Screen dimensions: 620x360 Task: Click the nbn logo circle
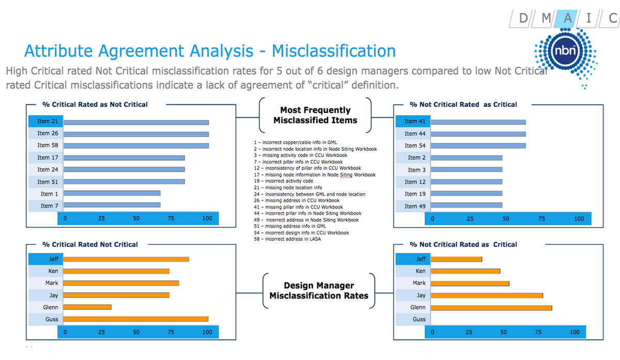565,51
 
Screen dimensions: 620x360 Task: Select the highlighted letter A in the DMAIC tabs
567,19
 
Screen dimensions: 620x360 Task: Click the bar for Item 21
136,122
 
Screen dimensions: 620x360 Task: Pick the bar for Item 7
112,205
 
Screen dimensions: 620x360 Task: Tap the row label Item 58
48,145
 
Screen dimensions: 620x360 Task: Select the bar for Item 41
478,122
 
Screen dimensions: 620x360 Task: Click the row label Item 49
415,206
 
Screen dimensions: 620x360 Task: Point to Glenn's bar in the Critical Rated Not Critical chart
87,307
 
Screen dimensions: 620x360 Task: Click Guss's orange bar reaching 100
135,319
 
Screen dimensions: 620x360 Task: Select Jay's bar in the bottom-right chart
487,295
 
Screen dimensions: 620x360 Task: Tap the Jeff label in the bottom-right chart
421,259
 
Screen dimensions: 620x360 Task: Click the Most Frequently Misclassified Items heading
315,115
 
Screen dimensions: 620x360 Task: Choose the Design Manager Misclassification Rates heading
319,291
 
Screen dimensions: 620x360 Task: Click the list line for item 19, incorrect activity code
284,181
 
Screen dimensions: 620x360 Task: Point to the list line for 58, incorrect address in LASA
287,239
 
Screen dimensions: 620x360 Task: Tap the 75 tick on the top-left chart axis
171,218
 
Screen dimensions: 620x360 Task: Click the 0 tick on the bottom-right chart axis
432,332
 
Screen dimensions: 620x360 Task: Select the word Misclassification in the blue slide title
334,51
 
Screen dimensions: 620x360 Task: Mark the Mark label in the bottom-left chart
52,283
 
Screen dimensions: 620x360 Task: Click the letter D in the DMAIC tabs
523,19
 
